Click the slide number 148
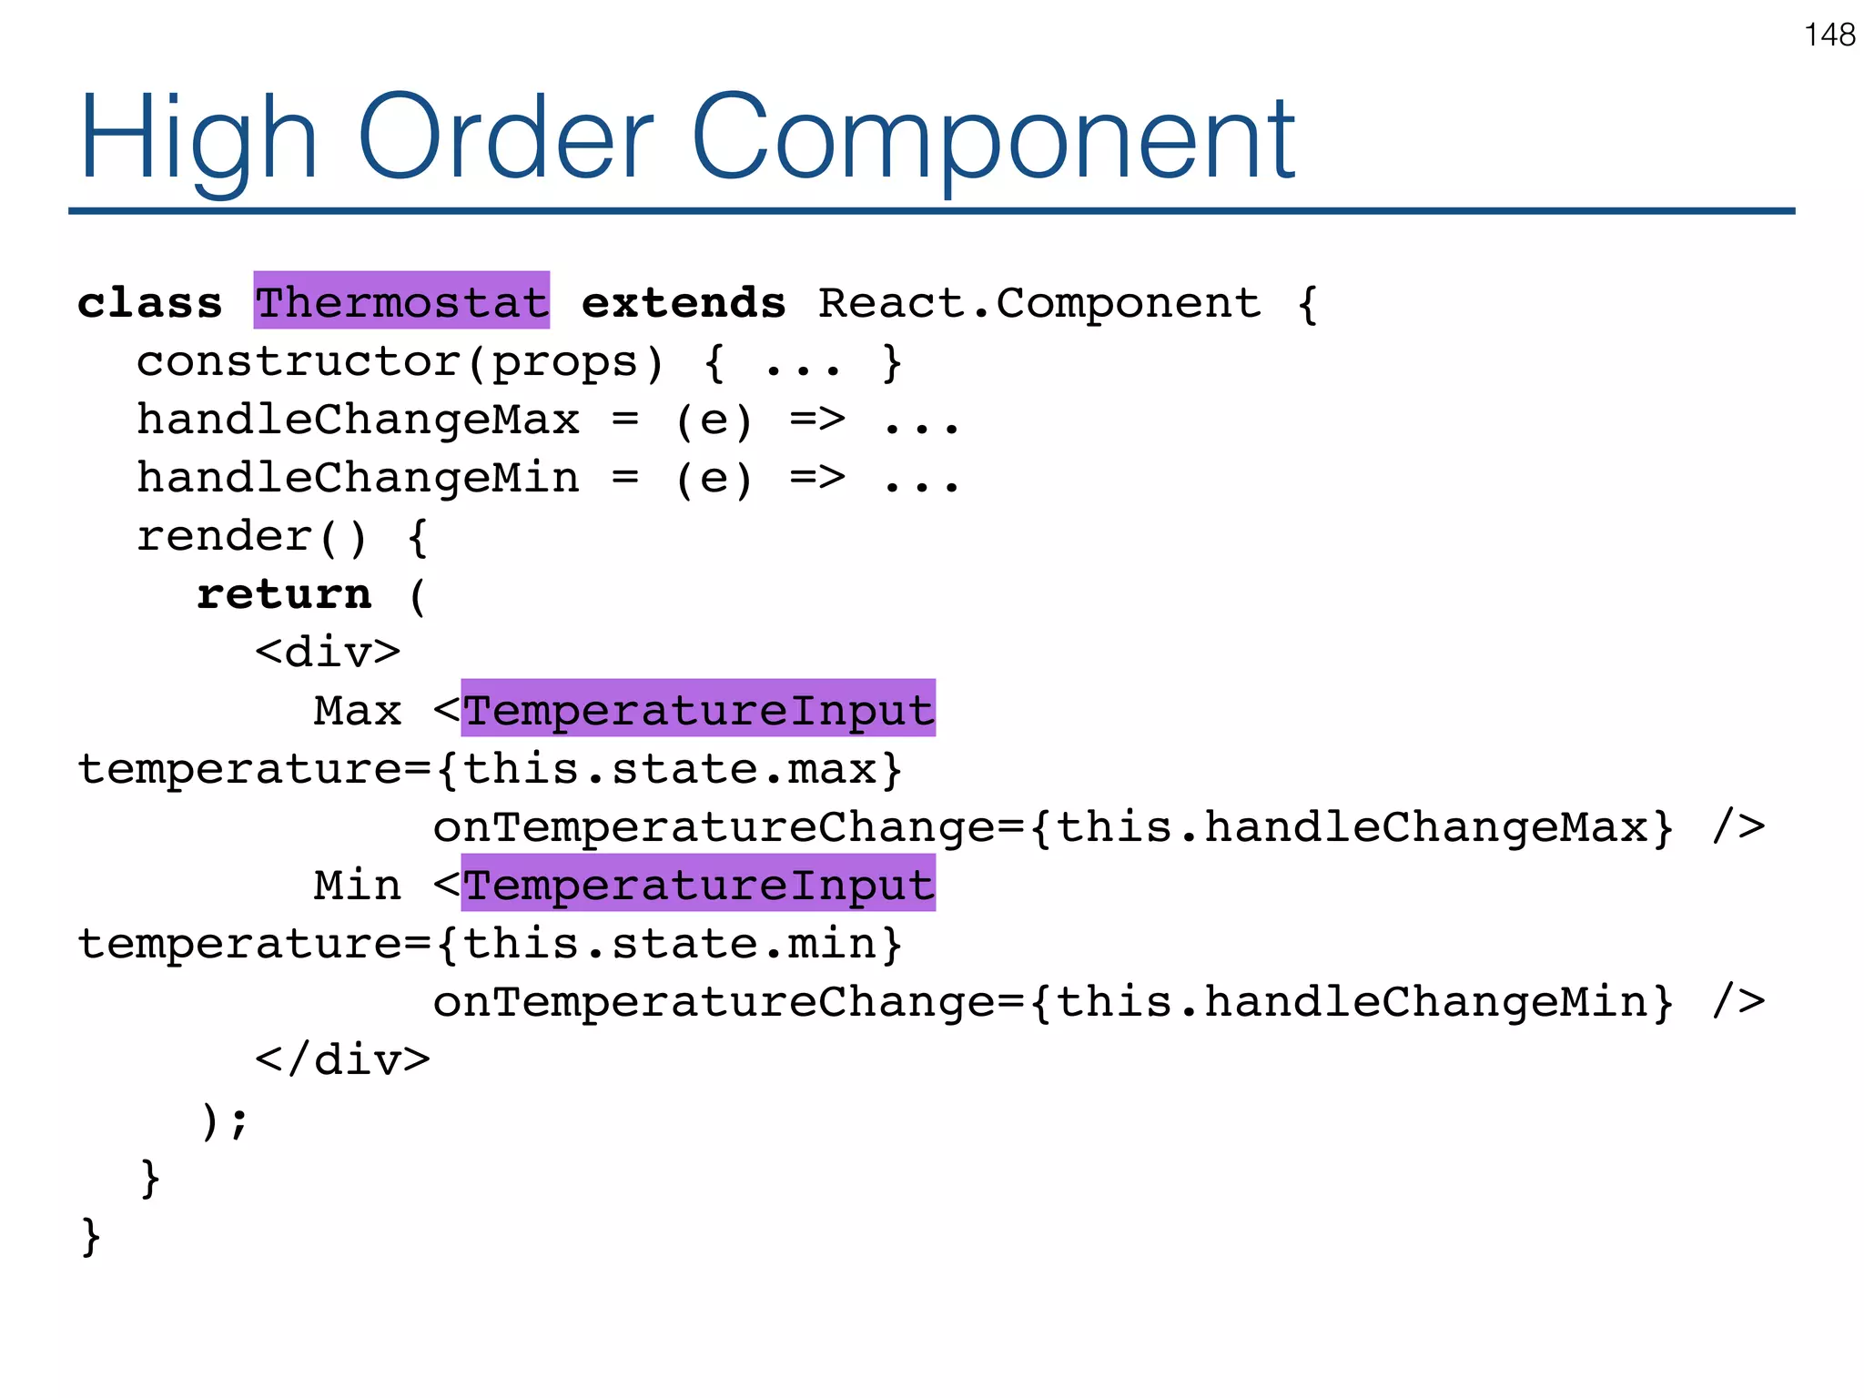1829,35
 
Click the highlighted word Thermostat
401,301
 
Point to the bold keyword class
150,302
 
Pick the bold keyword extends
684,302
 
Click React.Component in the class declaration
1039,302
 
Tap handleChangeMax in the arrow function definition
358,420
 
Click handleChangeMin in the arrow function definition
358,478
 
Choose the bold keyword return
284,594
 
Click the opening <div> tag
328,653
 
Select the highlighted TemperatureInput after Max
698,710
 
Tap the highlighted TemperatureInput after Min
698,885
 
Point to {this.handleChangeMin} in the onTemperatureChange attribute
1352,1002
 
